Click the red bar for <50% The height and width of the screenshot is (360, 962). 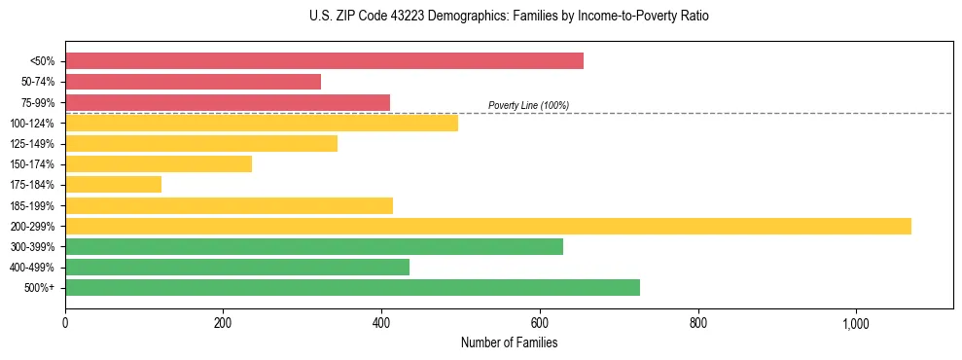[324, 61]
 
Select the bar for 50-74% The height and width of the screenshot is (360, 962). [193, 82]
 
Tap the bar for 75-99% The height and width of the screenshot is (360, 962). [228, 102]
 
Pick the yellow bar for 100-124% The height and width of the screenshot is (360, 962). [261, 123]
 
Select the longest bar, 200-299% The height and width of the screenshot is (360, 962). [487, 226]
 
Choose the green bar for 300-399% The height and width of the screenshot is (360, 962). [313, 246]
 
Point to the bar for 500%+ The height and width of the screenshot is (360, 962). [352, 287]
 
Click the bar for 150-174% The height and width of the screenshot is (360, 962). [159, 164]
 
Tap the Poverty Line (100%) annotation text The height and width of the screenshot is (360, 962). [528, 105]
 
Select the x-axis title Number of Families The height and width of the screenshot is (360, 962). [509, 342]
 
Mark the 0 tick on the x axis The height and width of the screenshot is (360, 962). [65, 323]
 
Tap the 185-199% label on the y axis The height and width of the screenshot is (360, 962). [32, 205]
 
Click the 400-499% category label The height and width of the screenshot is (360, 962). [32, 267]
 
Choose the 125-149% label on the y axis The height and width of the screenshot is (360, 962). [32, 144]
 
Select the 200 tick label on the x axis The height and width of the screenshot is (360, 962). [224, 323]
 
